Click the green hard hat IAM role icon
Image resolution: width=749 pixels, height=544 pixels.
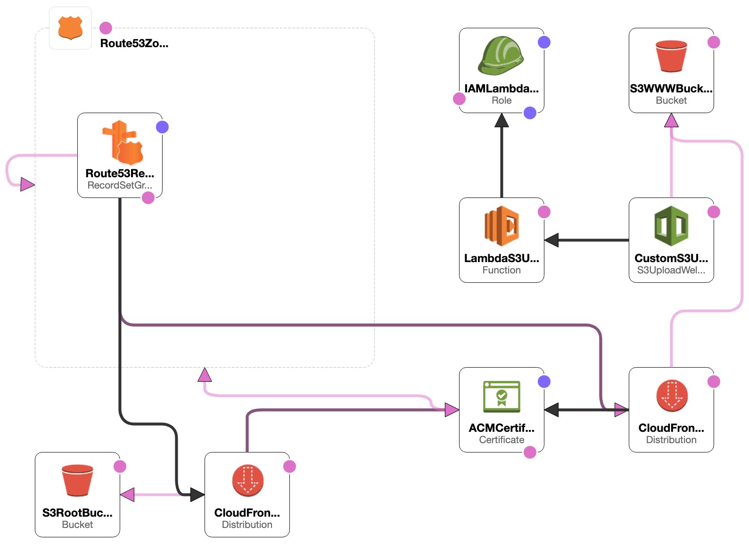click(x=501, y=56)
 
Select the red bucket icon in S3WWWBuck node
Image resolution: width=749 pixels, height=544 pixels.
click(x=671, y=56)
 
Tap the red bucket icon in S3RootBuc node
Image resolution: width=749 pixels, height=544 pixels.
click(x=77, y=480)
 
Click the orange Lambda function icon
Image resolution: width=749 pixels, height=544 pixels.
click(x=502, y=226)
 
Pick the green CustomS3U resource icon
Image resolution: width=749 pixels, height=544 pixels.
click(x=671, y=226)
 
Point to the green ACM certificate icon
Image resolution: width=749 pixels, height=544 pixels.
click(x=502, y=396)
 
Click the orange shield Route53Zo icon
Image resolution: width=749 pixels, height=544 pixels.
click(x=70, y=28)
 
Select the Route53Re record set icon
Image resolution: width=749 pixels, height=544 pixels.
click(x=123, y=143)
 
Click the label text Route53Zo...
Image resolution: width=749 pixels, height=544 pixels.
click(x=134, y=43)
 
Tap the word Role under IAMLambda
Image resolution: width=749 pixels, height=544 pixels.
click(x=502, y=100)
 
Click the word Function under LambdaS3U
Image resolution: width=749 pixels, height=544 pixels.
click(x=502, y=270)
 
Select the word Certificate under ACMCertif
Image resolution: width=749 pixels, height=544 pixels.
click(x=502, y=440)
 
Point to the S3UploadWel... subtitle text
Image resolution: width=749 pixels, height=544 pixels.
click(x=671, y=270)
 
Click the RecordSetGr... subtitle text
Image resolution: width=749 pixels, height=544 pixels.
click(x=120, y=185)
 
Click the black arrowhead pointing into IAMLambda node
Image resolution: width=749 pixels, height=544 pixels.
click(x=502, y=120)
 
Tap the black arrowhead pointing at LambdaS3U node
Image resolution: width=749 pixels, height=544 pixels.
click(x=551, y=240)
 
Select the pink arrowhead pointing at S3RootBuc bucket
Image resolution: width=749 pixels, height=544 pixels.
click(x=127, y=495)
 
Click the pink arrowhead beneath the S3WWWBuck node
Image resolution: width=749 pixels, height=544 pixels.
click(x=671, y=120)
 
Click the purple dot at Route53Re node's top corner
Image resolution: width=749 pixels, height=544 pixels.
click(x=162, y=127)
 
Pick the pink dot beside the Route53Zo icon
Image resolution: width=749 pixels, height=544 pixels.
click(x=106, y=28)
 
